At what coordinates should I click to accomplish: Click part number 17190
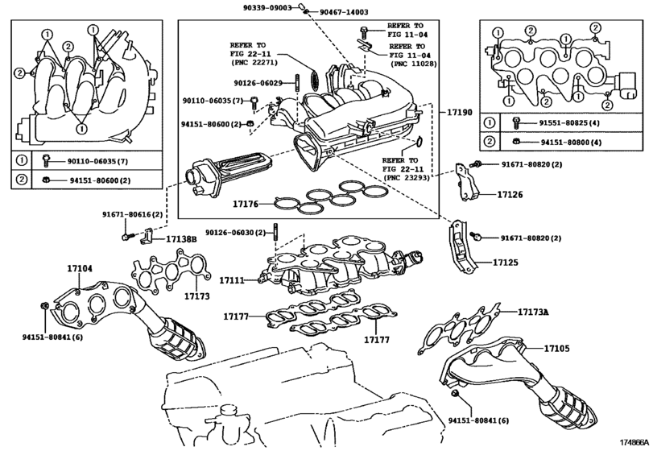[x=460, y=112]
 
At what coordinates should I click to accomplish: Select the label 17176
[x=246, y=204]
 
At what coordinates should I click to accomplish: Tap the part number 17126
[x=510, y=194]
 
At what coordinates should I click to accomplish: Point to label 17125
[x=506, y=263]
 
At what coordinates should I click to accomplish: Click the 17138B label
[x=181, y=239]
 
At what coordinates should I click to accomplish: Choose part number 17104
[x=80, y=269]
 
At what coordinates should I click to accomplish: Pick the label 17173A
[x=533, y=312]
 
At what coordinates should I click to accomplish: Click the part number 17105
[x=556, y=348]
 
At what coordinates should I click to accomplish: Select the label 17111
[x=232, y=281]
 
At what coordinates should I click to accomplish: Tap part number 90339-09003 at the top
[x=268, y=7]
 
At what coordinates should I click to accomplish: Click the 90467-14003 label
[x=344, y=12]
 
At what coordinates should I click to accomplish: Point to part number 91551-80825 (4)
[x=570, y=123]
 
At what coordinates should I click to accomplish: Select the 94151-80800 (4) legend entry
[x=572, y=142]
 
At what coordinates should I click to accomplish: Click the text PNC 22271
[x=254, y=63]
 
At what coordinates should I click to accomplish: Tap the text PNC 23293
[x=406, y=178]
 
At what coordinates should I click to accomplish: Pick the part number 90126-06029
[x=258, y=83]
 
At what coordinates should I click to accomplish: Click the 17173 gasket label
[x=197, y=296]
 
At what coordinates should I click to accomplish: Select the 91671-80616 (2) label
[x=132, y=214]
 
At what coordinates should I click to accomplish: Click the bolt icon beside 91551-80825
[x=516, y=122]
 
